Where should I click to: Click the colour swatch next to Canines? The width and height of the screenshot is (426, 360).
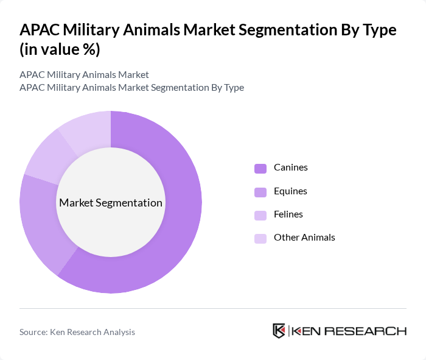[x=260, y=168]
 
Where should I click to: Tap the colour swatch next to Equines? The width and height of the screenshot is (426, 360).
[x=260, y=192]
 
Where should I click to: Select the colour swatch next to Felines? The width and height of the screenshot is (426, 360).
[x=260, y=215]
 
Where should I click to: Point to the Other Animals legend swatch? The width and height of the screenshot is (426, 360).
[x=260, y=238]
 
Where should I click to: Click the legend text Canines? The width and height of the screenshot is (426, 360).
[x=290, y=168]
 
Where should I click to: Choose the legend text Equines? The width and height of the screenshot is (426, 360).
[x=290, y=191]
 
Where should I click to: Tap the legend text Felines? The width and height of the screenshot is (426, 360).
[x=288, y=214]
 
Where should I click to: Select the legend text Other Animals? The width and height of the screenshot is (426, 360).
[x=304, y=238]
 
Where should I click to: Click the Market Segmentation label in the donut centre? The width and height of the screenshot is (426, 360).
[x=111, y=203]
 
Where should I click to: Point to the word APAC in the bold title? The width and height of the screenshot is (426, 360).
[x=41, y=30]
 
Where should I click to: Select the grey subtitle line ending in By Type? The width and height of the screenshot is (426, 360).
[x=131, y=88]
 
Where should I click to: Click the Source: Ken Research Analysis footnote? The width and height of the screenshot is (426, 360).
[x=77, y=332]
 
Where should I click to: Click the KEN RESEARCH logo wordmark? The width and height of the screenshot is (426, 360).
[x=349, y=331]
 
